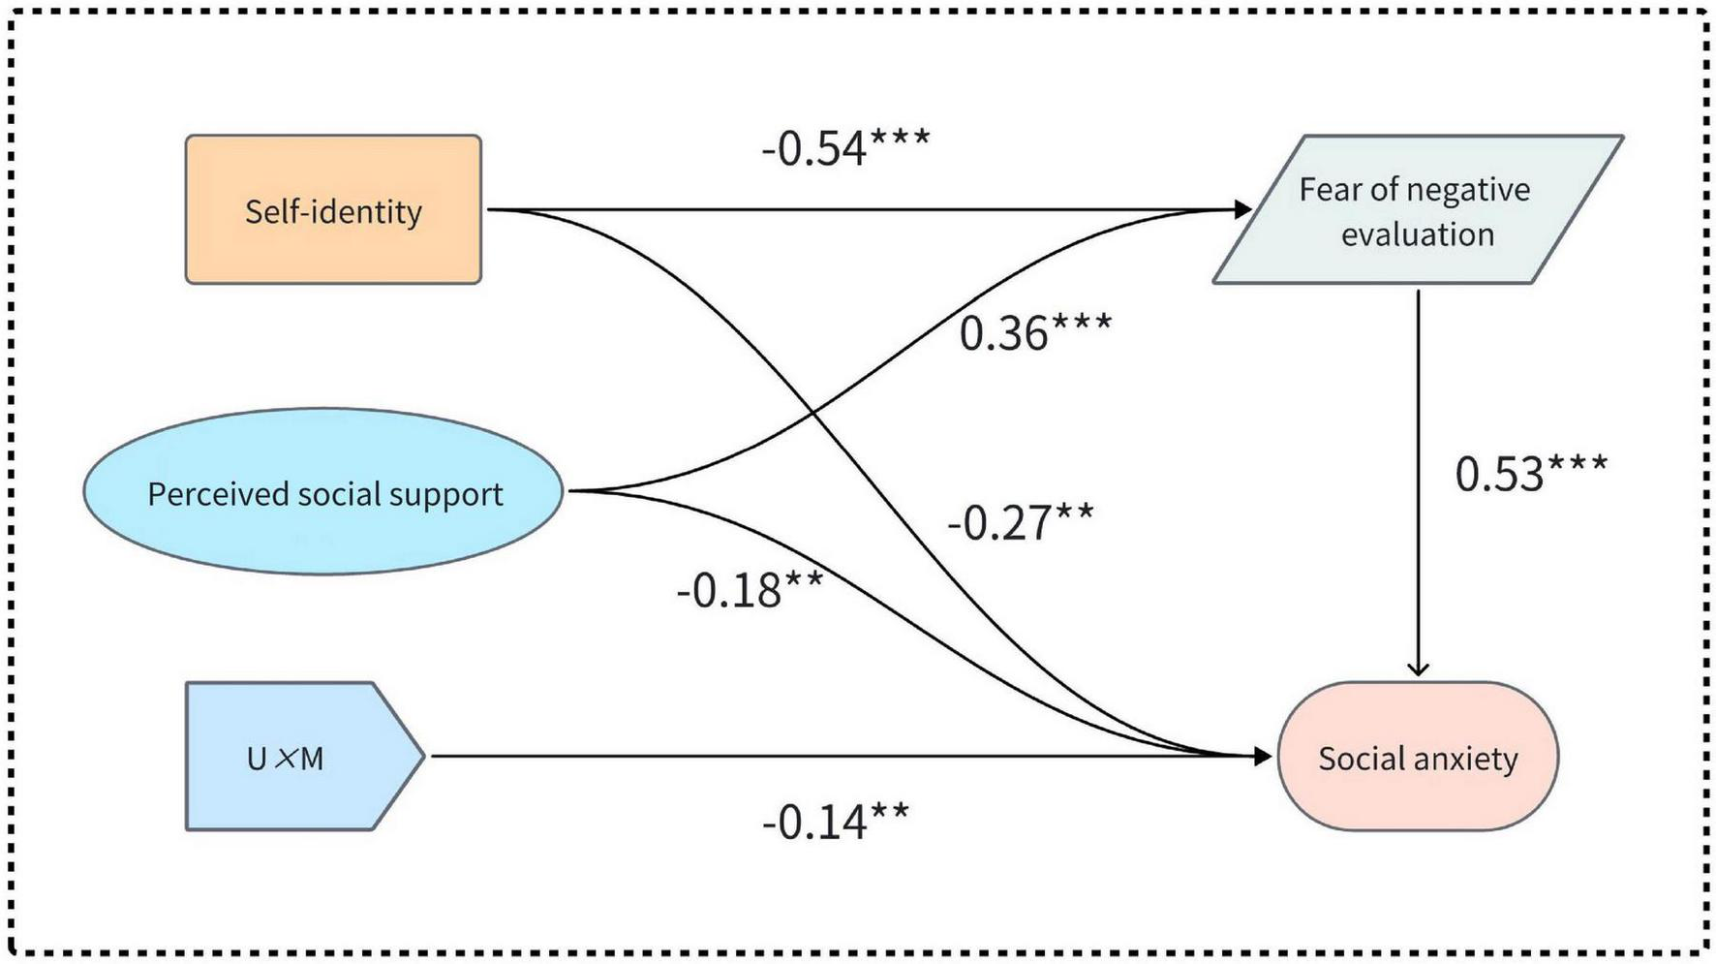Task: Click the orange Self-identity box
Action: pos(333,209)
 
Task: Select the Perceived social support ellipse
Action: pos(323,491)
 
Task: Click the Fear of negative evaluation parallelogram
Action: pos(1417,209)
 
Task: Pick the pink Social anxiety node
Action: pos(1418,757)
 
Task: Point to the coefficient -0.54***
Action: pos(844,148)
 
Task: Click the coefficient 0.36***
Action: pos(1034,332)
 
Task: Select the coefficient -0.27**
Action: pos(1020,522)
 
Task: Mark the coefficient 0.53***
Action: pos(1530,473)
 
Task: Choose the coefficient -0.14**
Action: pos(835,822)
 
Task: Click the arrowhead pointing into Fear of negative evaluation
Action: pos(1243,209)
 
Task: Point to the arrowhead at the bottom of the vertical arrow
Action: pos(1418,669)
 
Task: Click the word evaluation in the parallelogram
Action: pos(1418,234)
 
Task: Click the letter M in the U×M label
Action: pos(312,759)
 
